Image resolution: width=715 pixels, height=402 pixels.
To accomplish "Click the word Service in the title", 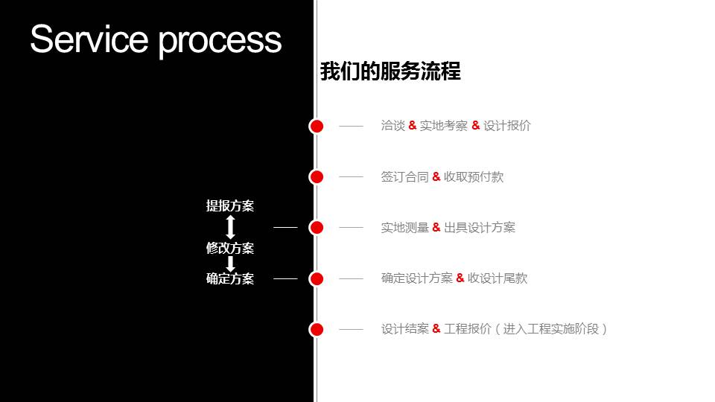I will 88,39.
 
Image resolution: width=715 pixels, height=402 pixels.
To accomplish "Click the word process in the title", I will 220,40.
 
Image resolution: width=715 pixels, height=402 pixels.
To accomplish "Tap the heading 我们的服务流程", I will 390,71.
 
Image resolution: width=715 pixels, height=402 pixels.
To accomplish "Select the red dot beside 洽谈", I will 317,127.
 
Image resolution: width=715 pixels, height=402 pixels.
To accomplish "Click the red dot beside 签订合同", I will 317,176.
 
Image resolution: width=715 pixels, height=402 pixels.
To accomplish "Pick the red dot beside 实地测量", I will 317,227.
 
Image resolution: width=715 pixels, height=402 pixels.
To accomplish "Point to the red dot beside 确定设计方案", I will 317,278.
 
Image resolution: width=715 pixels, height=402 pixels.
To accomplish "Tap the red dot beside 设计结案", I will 317,329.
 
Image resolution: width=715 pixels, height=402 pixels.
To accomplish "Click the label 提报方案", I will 230,206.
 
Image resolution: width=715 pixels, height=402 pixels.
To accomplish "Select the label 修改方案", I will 230,248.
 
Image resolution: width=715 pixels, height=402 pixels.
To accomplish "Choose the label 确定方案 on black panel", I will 230,279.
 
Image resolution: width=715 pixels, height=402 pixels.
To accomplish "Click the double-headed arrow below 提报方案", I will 230,227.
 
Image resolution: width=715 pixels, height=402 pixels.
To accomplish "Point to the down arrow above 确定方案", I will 230,264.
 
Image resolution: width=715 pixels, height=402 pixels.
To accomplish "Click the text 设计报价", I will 507,126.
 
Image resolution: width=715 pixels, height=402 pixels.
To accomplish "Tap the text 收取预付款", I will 474,176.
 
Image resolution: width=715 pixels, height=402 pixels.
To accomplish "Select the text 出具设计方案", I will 480,227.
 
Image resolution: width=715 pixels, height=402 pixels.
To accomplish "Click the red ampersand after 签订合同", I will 436,176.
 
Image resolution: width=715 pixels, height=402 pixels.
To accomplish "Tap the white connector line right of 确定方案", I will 285,278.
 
